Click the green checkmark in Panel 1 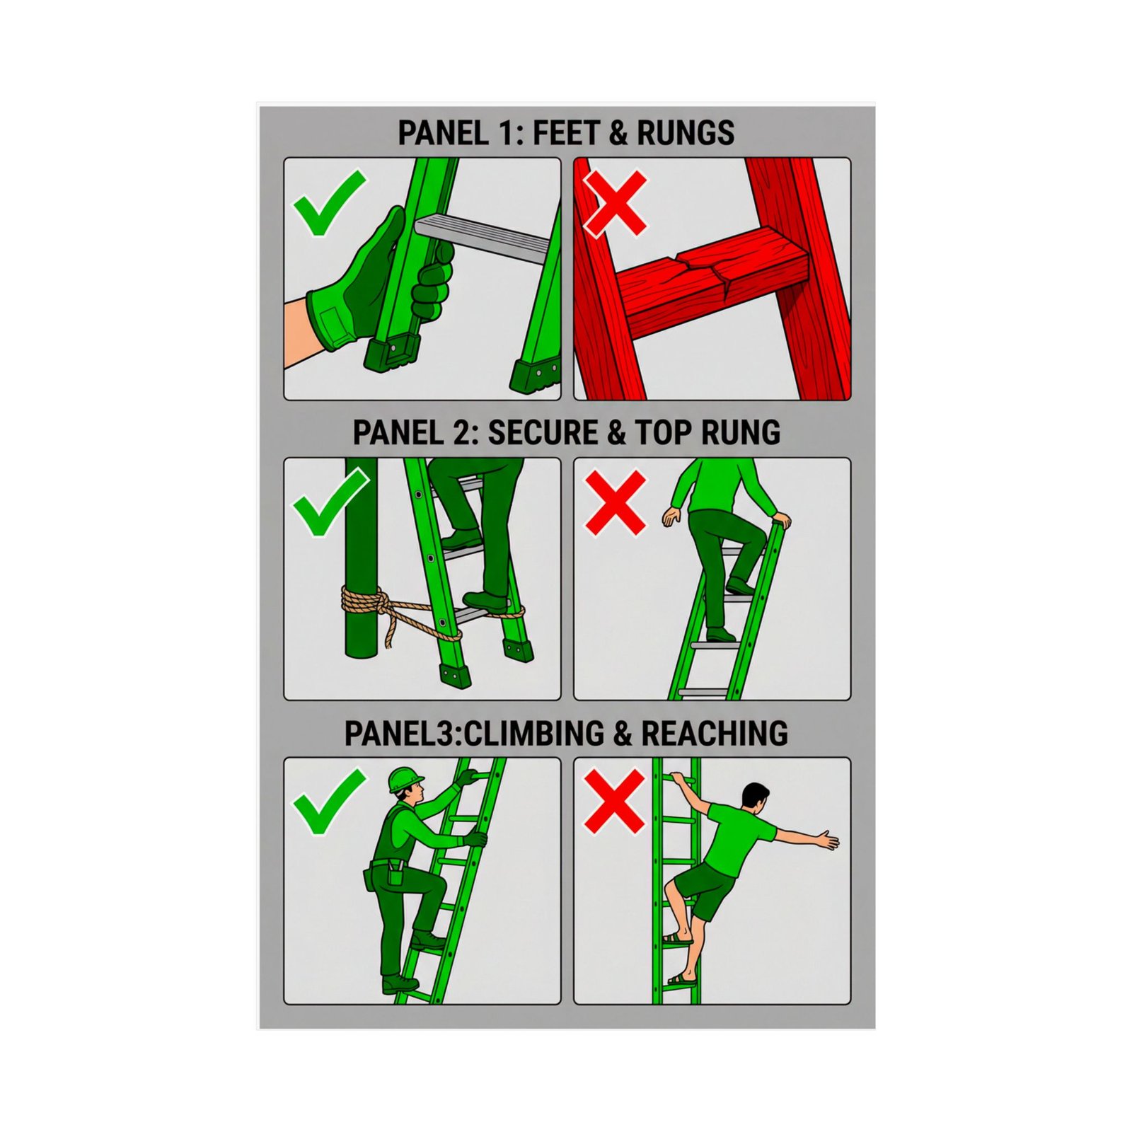[328, 201]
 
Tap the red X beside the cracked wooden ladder [615, 202]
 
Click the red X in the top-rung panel [615, 502]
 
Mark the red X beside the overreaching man [614, 801]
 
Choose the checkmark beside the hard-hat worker [328, 802]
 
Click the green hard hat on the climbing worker [404, 779]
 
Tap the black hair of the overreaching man [755, 793]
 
